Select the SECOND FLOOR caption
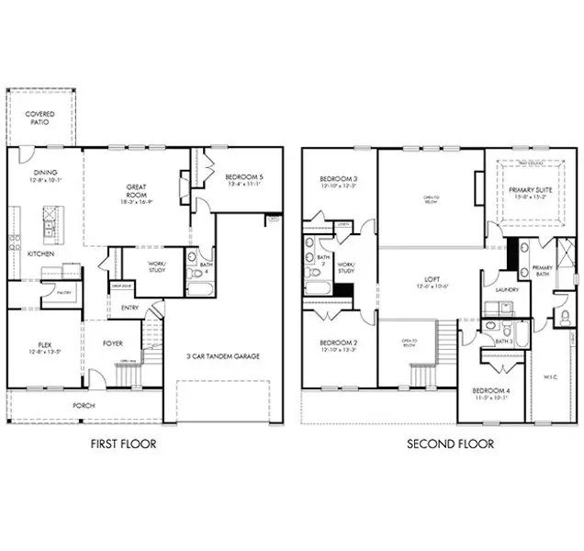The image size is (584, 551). (x=451, y=444)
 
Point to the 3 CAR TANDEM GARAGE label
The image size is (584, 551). (x=223, y=355)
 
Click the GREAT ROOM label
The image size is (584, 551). (x=137, y=191)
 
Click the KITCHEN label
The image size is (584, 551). (x=39, y=253)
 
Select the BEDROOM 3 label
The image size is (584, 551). (x=338, y=178)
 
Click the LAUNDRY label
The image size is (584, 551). (x=507, y=290)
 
